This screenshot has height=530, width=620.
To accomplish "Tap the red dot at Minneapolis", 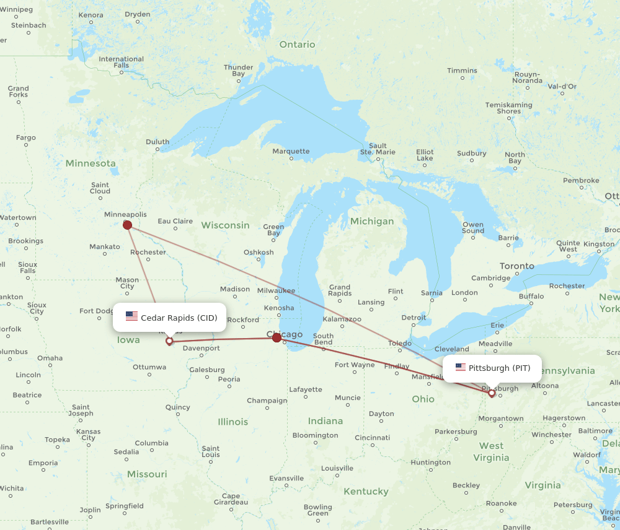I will click(128, 225).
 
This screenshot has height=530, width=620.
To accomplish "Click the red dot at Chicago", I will click(277, 338).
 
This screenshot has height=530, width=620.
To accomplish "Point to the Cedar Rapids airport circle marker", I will click(169, 341).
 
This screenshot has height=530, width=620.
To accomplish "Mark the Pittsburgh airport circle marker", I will click(492, 393).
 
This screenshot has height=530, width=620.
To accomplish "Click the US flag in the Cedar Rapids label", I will click(131, 317).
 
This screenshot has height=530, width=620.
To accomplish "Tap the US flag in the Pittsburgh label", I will click(461, 368).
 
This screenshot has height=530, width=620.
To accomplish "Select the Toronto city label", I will click(516, 266).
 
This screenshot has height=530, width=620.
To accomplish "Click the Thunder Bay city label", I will click(238, 71).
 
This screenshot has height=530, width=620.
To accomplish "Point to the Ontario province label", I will click(297, 45).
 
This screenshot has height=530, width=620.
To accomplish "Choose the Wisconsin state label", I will click(225, 225).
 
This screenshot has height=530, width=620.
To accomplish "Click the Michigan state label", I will click(371, 221).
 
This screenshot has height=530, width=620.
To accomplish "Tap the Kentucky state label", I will click(366, 492).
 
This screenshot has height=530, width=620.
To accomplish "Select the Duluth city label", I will click(157, 142).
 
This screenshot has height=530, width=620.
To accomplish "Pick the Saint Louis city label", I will click(211, 451).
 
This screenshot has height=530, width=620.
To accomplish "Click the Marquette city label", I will click(291, 151).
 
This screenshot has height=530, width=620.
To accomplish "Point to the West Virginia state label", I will click(491, 452).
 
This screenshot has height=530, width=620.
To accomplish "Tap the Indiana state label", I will click(325, 421).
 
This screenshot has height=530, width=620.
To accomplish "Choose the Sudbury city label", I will click(471, 154).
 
